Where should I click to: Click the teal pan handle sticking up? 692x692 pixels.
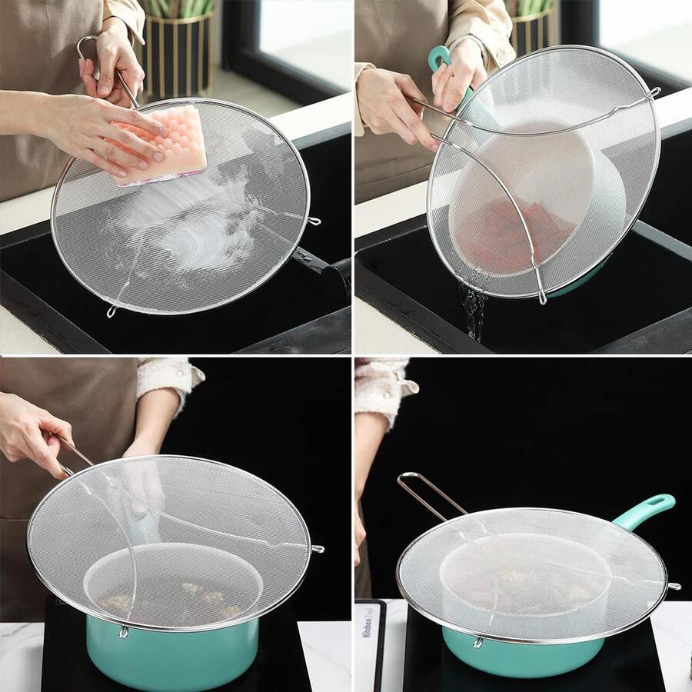click(646, 509)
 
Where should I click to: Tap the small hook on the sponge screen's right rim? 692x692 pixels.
click(314, 221)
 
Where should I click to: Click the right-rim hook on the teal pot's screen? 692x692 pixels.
click(317, 549)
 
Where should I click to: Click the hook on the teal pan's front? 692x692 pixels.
click(477, 641)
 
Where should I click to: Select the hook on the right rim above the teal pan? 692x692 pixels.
click(674, 587)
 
